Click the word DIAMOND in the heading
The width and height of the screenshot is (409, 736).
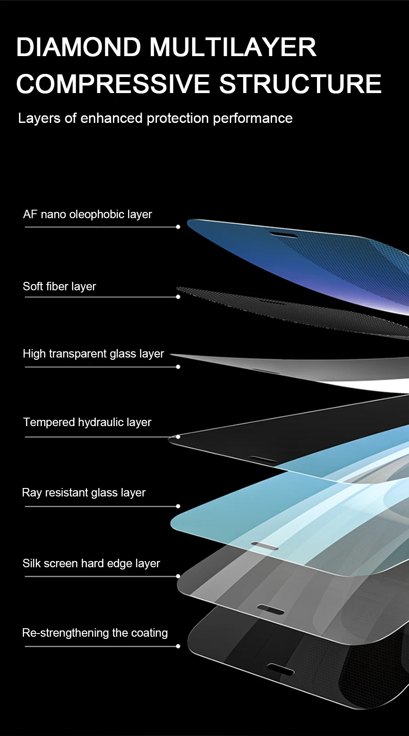[x=78, y=47]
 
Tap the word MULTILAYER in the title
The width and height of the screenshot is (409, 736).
[x=233, y=47]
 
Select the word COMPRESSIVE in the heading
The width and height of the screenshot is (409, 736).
[x=113, y=84]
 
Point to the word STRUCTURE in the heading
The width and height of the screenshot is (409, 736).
[x=301, y=84]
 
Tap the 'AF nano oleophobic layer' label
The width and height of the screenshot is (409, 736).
[x=88, y=215]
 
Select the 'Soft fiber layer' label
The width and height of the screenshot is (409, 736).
[x=60, y=286]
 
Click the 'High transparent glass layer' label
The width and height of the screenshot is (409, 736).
[x=93, y=354]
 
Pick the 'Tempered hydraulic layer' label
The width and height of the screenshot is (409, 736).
[x=87, y=422]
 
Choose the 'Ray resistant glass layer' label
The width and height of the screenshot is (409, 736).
[x=84, y=492]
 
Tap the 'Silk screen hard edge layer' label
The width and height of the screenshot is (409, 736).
[x=91, y=563]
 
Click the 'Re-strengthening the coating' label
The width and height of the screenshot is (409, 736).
[x=95, y=633]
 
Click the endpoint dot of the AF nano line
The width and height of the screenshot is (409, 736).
[x=178, y=227]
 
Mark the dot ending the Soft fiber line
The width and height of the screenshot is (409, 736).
[x=178, y=297]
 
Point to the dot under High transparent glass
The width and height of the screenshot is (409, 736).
[x=178, y=367]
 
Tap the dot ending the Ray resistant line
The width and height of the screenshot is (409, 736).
[x=178, y=506]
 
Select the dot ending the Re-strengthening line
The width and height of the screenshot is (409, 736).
[x=178, y=646]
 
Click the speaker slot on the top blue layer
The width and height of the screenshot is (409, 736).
[x=284, y=234]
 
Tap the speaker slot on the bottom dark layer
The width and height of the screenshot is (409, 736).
[x=281, y=669]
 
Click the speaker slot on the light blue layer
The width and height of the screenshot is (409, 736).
[x=265, y=546]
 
